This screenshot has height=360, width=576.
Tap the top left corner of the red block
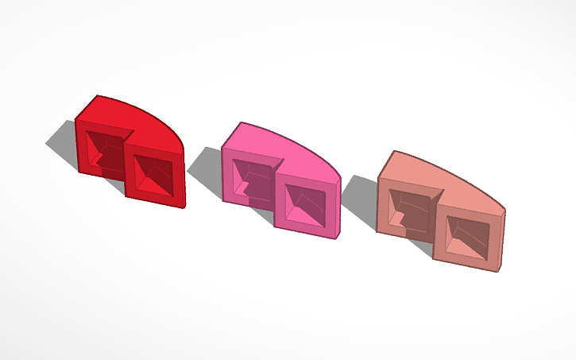tap(77, 120)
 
